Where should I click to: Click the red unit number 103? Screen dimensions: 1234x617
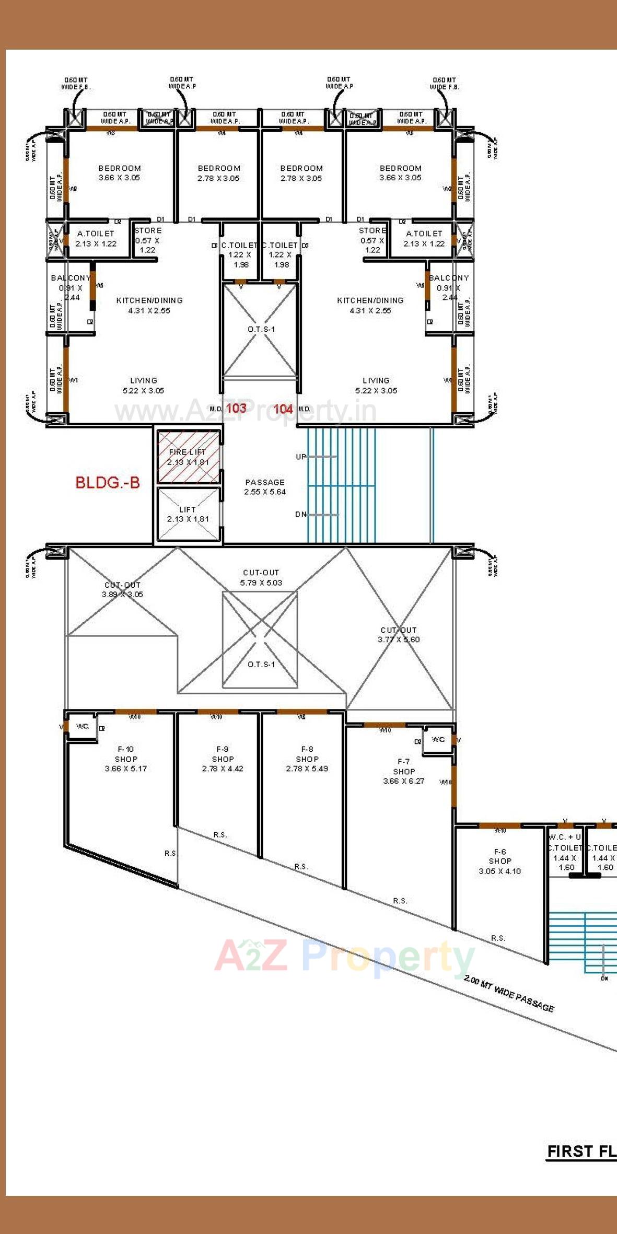[x=236, y=408]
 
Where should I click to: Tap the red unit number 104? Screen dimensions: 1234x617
[x=283, y=409]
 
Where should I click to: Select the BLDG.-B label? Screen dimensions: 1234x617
[x=108, y=482]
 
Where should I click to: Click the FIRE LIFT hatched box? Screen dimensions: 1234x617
[x=188, y=457]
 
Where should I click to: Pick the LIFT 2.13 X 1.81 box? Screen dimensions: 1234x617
[x=188, y=514]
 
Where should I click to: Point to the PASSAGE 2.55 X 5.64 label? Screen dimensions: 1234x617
[x=265, y=487]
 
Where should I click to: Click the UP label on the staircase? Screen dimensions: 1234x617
[x=301, y=457]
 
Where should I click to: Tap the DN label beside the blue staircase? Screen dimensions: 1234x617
[x=301, y=515]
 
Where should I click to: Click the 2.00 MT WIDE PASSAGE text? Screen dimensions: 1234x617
[x=509, y=994]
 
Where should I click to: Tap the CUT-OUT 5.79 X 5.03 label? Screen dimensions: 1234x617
[x=261, y=577]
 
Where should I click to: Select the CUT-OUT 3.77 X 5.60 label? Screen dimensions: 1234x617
[x=399, y=635]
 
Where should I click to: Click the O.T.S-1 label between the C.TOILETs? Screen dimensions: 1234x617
[x=261, y=329]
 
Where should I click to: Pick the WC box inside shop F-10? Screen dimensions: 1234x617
[x=83, y=727]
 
